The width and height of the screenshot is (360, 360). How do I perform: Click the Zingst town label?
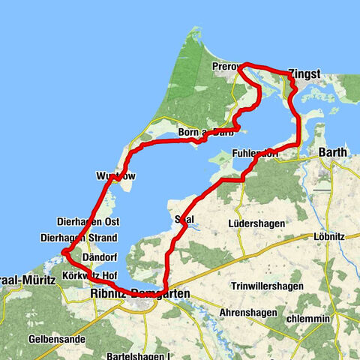304,75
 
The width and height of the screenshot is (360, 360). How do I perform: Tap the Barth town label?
333,152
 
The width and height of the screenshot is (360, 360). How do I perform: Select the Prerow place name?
227,67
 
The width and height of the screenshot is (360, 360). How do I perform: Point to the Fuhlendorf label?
256,153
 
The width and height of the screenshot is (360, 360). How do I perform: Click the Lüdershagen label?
255,223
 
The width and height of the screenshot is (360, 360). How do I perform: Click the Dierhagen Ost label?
88,222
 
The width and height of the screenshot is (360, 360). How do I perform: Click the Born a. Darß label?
205,133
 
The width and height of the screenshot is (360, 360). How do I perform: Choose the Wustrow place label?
116,175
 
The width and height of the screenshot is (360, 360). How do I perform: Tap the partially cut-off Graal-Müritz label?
28,279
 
